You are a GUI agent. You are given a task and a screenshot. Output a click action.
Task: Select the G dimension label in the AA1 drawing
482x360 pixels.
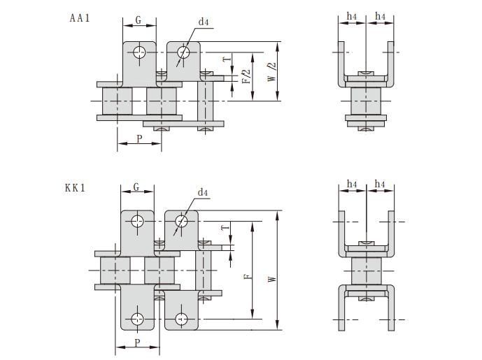point(139,20)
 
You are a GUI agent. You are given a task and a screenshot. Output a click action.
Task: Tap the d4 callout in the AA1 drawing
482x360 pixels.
point(204,22)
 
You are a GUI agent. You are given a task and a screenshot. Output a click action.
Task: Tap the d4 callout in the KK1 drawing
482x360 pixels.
point(203,192)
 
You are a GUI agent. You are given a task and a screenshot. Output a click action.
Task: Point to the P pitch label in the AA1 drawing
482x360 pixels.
point(139,138)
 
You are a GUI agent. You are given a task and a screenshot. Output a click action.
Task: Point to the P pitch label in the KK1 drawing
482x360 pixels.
point(138,343)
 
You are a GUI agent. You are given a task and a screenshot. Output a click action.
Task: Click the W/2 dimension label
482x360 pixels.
point(271,73)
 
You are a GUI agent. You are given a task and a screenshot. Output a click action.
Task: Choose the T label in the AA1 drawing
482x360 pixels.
point(225,61)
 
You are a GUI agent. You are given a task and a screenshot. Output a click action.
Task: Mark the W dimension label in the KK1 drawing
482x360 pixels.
point(271,278)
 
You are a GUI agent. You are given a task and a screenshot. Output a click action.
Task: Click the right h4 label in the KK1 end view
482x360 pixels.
point(380,184)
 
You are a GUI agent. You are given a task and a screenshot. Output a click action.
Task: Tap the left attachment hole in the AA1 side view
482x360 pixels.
point(141,52)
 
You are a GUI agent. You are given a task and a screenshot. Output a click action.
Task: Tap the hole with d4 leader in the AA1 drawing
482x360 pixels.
point(183,52)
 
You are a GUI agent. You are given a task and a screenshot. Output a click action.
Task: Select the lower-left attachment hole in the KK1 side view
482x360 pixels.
point(138,319)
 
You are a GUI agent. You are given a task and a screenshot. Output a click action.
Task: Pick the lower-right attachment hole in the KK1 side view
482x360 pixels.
point(181,319)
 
